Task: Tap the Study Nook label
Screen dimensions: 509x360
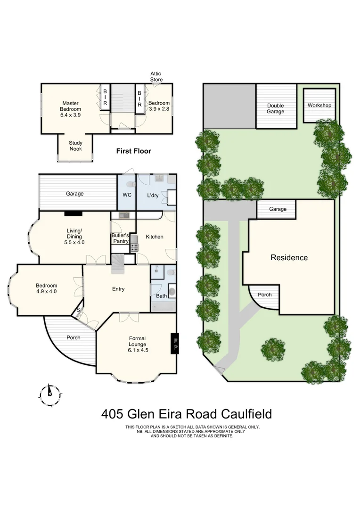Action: pyautogui.click(x=75, y=146)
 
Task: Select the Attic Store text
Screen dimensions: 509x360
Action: pyautogui.click(x=156, y=76)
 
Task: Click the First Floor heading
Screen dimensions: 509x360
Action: pyautogui.click(x=134, y=151)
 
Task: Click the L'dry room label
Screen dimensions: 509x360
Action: pyautogui.click(x=152, y=194)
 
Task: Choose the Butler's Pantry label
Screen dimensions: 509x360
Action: pyautogui.click(x=120, y=238)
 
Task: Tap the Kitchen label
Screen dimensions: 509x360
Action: pyautogui.click(x=154, y=237)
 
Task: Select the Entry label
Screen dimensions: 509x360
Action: pyautogui.click(x=118, y=289)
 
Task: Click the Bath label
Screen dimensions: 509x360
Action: pyautogui.click(x=161, y=296)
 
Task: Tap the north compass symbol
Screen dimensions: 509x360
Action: pyautogui.click(x=49, y=392)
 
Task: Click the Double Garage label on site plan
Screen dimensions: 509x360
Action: pyautogui.click(x=275, y=108)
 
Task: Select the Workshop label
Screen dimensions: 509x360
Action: pyautogui.click(x=319, y=106)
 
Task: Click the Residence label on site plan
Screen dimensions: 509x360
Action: pyautogui.click(x=289, y=258)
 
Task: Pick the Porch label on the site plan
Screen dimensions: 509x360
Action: pyautogui.click(x=264, y=295)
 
